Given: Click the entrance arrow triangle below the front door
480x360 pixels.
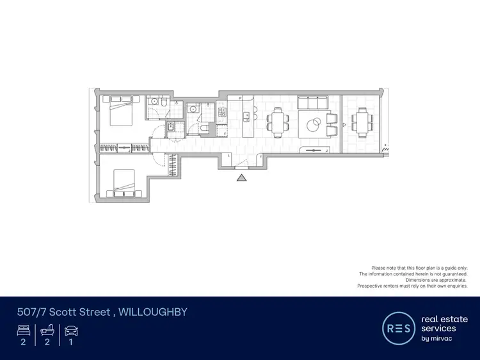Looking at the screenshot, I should point(241,178).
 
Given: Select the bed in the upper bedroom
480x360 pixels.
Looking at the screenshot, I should point(122,111).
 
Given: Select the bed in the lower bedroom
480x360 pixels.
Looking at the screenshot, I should point(123,183).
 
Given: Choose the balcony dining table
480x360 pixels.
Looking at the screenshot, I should point(363,121).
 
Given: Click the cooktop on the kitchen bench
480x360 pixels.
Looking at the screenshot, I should point(222,112).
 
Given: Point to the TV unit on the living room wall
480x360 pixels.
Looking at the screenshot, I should point(314,151).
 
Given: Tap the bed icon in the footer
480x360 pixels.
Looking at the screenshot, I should point(24,331).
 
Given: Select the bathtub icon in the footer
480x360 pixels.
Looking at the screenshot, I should point(47,331).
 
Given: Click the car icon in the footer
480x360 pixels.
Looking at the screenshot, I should point(70,331).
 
